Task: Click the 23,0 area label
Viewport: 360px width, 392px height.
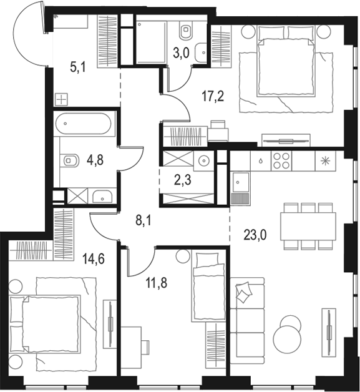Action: tap(255, 235)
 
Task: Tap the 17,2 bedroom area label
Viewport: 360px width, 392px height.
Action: tap(213, 97)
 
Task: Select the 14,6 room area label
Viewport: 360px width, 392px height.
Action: tap(94, 259)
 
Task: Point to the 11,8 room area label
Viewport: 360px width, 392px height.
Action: tap(157, 283)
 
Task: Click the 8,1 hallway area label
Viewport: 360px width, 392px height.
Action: tap(144, 222)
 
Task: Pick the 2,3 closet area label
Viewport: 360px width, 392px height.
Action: tap(183, 180)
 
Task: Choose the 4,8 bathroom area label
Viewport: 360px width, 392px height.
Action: tap(95, 160)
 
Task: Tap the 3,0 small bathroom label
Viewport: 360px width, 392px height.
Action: tap(181, 53)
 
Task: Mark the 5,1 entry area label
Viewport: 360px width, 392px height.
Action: tap(78, 67)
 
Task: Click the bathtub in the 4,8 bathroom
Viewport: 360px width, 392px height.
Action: tap(83, 124)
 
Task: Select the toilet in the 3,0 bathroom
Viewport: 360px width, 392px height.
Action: tap(186, 29)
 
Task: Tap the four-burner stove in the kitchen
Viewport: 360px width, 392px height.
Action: tap(281, 161)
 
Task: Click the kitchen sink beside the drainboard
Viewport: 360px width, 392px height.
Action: tap(241, 182)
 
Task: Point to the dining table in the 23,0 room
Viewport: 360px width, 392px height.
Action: tap(308, 226)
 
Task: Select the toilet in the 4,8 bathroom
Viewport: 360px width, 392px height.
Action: tap(69, 160)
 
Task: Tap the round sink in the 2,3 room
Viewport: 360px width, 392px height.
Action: tap(204, 160)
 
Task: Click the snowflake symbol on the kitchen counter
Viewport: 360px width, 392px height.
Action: tap(325, 161)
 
